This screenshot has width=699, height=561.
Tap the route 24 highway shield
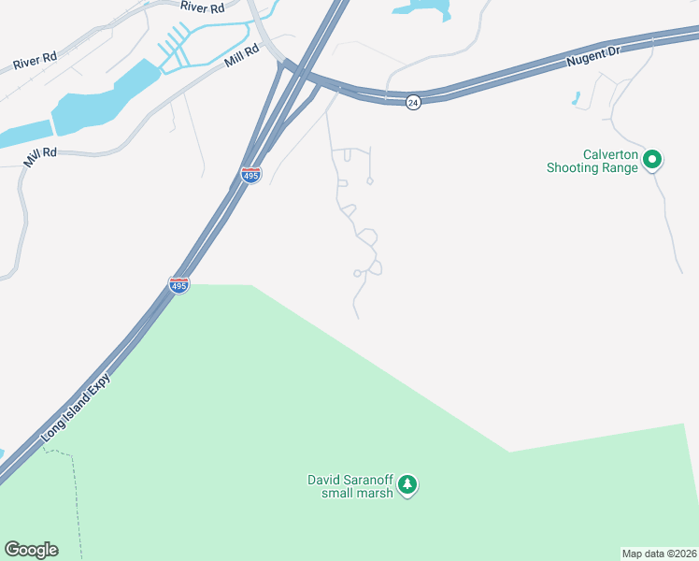tap(413, 102)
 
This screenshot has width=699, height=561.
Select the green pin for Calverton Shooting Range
tap(652, 161)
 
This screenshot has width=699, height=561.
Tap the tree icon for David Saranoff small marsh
tap(407, 484)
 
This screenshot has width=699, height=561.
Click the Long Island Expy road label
tap(77, 408)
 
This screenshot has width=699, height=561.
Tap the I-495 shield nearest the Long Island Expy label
tap(178, 284)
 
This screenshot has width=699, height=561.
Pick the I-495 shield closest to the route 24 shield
tap(250, 175)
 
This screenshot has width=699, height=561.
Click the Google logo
tap(31, 550)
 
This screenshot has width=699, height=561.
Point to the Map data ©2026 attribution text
tap(659, 554)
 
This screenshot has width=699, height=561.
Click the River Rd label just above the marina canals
tap(204, 7)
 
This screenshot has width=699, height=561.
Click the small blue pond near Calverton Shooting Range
tap(576, 97)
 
